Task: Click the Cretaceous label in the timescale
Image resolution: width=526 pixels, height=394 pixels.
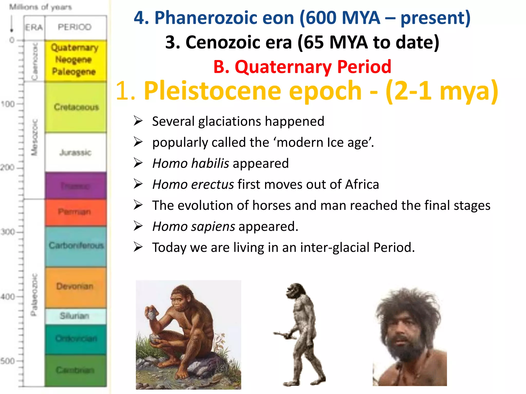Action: (76, 107)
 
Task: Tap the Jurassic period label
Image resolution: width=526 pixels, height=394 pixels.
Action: (75, 152)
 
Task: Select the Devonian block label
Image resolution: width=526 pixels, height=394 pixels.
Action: (75, 286)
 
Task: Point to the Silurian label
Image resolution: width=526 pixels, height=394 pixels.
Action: (74, 316)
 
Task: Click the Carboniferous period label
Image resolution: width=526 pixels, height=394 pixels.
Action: (76, 245)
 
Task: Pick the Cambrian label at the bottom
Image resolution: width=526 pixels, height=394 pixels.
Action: (75, 370)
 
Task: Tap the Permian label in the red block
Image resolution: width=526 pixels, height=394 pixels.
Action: (74, 212)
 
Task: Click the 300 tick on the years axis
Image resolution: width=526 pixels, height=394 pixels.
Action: (8, 232)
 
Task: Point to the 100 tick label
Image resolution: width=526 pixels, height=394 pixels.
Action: (8, 104)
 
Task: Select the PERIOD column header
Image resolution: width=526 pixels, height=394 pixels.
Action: (74, 27)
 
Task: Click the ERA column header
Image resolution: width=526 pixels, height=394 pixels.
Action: (34, 27)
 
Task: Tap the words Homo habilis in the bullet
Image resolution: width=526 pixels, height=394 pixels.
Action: (191, 163)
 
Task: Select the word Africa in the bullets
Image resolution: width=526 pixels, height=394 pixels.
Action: (362, 184)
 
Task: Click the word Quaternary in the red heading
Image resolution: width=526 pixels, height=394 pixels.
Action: (283, 67)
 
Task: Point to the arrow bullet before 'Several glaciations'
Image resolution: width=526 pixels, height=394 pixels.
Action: (138, 121)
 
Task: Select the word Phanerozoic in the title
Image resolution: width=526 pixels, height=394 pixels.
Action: (224, 18)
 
